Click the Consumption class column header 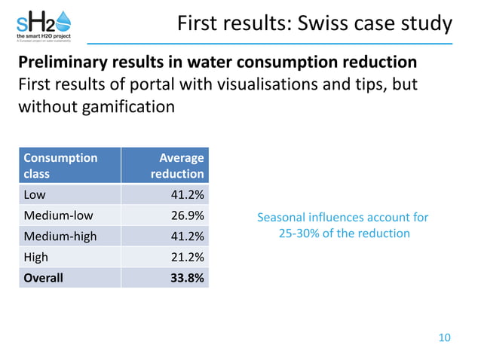(60, 166)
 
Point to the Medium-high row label (60, 236)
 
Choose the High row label (36, 257)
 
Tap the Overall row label (44, 277)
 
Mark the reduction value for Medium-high (187, 236)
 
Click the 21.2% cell (187, 257)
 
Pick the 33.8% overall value (186, 277)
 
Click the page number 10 (444, 337)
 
